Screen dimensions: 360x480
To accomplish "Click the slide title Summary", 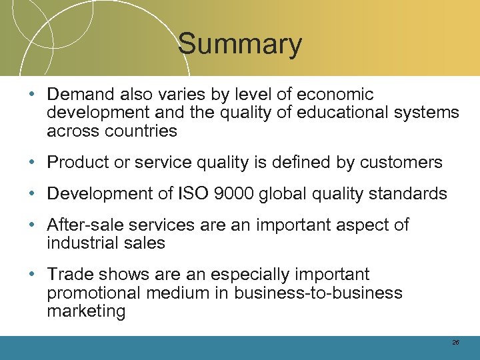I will (240, 45).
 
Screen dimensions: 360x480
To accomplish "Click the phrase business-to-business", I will (318, 293).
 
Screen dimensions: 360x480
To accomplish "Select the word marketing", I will (86, 311).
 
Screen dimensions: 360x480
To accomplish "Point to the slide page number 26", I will (455, 342).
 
